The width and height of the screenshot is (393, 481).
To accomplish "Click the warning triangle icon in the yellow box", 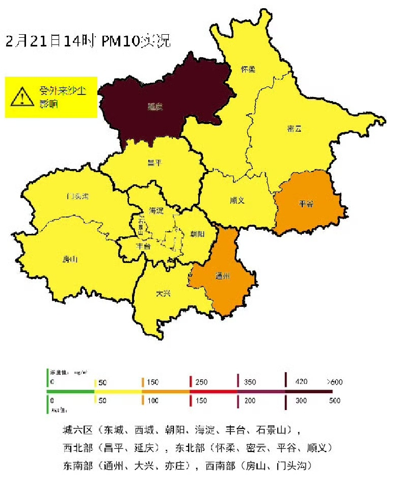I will click(x=21, y=96).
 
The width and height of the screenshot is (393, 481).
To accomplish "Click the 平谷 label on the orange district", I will click(x=306, y=204).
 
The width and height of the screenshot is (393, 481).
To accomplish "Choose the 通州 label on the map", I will click(x=223, y=277).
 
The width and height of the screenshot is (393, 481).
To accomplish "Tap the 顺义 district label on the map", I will click(x=237, y=200).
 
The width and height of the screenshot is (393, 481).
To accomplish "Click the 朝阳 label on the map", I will click(x=196, y=234).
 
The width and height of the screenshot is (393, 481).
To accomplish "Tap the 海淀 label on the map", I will click(x=156, y=210).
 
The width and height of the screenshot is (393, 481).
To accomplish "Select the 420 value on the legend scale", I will click(x=301, y=382).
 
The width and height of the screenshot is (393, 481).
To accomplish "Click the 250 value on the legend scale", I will click(x=202, y=382).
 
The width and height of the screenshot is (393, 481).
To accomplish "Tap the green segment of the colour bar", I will click(x=70, y=392).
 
